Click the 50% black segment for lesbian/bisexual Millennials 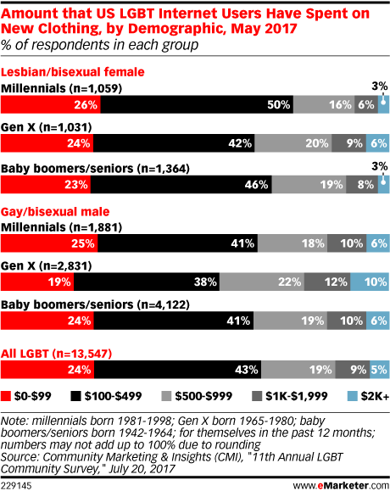pyautogui.click(x=197, y=104)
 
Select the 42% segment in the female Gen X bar pyautogui.click(x=174, y=143)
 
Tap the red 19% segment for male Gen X pyautogui.click(x=37, y=282)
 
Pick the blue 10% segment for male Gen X pyautogui.click(x=370, y=282)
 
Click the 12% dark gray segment pyautogui.click(x=327, y=282)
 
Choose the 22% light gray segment pyautogui.click(x=262, y=282)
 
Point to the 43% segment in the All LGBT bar pyautogui.click(x=178, y=370)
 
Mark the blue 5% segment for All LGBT pyautogui.click(x=379, y=370)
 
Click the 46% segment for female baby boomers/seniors pyautogui.click(x=181, y=184)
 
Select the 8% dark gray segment pyautogui.click(x=362, y=184)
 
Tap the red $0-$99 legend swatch pyautogui.click(x=6, y=396)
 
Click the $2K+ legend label pyautogui.click(x=375, y=396)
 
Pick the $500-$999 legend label pyautogui.click(x=203, y=396)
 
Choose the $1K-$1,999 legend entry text pyautogui.click(x=297, y=396)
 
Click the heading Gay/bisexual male pyautogui.click(x=55, y=212)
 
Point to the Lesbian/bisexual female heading pyautogui.click(x=73, y=72)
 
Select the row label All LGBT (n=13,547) pyautogui.click(x=56, y=354)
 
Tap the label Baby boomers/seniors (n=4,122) pyautogui.click(x=95, y=304)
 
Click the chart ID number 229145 pyautogui.click(x=16, y=486)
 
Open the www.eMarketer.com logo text pyautogui.click(x=341, y=486)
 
